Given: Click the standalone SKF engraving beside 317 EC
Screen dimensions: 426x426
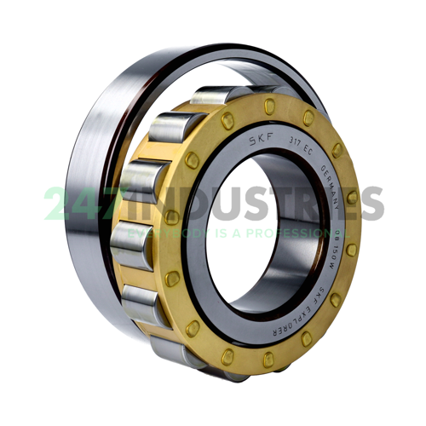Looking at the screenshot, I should [254, 138].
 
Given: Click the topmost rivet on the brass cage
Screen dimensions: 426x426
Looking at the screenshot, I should [270, 105].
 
